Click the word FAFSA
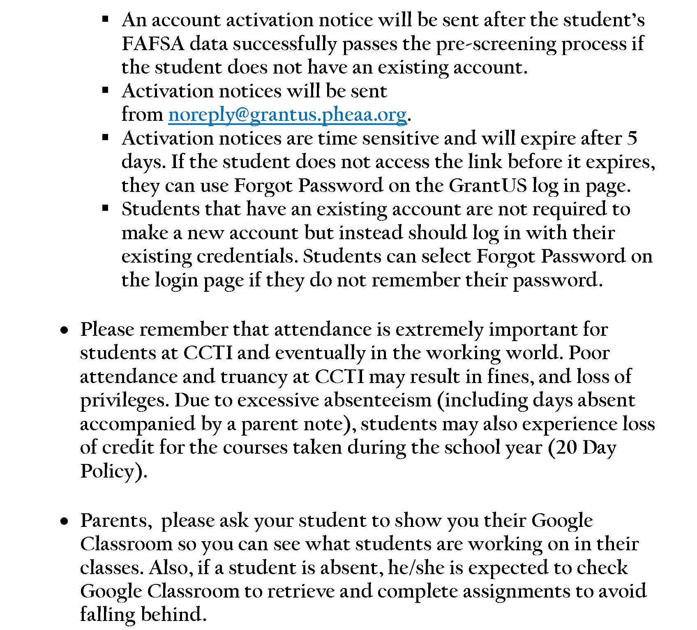[153, 44]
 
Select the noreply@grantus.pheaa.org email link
[287, 114]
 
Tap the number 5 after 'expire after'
[632, 138]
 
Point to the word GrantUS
[487, 185]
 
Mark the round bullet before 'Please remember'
[64, 330]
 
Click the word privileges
[124, 400]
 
